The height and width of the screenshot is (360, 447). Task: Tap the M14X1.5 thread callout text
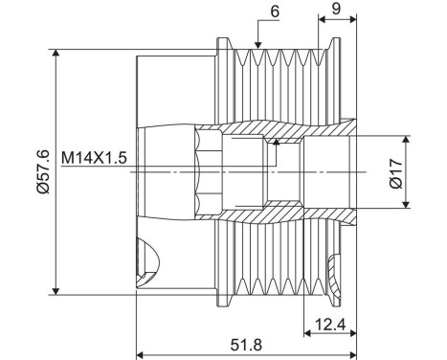tap(95, 155)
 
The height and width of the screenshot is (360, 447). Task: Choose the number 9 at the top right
tap(336, 8)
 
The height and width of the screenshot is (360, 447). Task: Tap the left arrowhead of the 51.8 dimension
tap(142, 351)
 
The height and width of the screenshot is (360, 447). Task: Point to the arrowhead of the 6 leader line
tap(258, 45)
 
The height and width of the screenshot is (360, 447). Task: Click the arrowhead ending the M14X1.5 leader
tap(276, 143)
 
